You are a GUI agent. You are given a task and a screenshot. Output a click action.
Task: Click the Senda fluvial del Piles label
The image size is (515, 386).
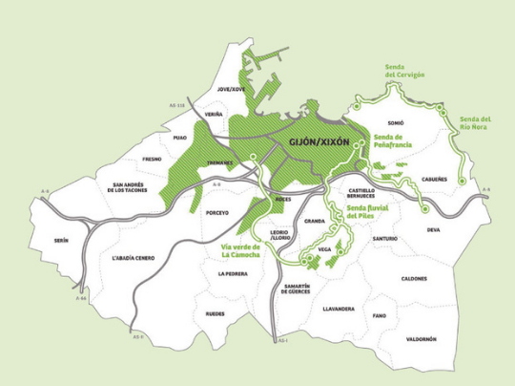click(366, 212)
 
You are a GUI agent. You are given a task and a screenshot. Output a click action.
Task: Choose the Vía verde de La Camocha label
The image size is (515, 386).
click(235, 250)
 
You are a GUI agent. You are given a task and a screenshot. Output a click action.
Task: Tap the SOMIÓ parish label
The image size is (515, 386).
click(397, 123)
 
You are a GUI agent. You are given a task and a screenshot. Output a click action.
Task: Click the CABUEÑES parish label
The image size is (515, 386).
click(432, 179)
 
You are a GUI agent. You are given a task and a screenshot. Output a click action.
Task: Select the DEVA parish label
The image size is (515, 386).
click(434, 229)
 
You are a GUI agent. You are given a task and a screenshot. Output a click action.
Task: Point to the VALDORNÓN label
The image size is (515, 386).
click(421, 339)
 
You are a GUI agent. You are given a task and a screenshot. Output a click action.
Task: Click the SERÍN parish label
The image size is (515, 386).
click(62, 241)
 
